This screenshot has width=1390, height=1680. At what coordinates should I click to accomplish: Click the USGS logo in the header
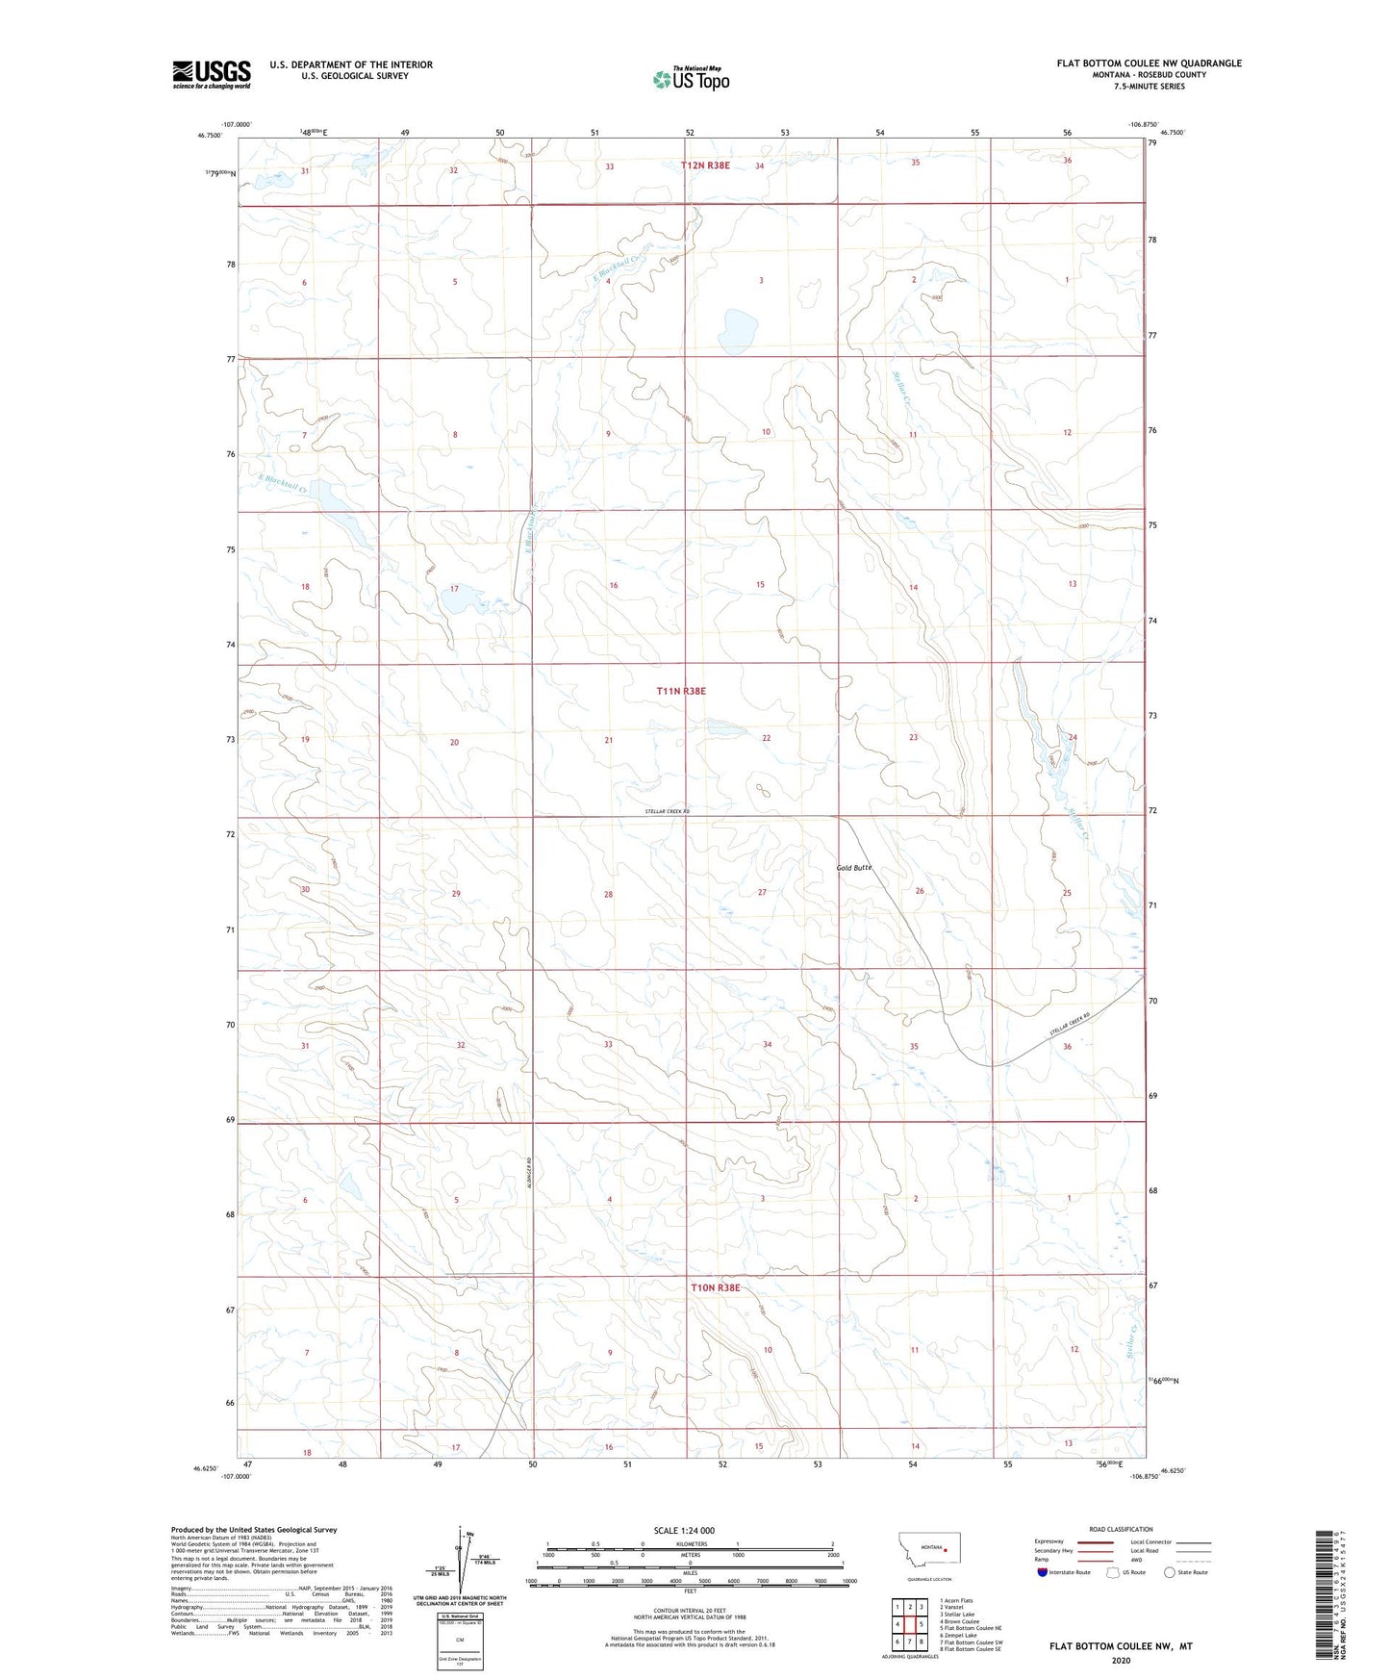tap(212, 74)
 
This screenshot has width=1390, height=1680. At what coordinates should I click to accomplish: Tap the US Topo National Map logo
tap(691, 79)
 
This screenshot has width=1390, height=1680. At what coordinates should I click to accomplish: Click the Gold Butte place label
tap(854, 868)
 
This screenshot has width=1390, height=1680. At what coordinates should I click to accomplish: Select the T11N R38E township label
tap(681, 691)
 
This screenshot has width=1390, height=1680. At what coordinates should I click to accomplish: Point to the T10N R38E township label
tap(715, 1287)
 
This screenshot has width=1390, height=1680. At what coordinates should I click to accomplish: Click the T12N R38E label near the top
tap(705, 165)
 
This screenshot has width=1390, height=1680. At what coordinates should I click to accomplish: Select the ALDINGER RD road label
tap(530, 1168)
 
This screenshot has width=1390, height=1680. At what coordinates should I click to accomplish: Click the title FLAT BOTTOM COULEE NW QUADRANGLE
tap(1149, 64)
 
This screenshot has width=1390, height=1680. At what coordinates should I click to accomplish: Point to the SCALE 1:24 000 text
tap(684, 1530)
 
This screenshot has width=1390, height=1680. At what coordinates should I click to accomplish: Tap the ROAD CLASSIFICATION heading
tap(1121, 1529)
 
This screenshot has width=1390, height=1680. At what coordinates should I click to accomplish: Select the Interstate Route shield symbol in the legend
tap(1044, 1572)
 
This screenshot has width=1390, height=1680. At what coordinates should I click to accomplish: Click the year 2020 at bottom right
tap(1121, 1660)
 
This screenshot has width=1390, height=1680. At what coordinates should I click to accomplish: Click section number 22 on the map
tap(767, 738)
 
